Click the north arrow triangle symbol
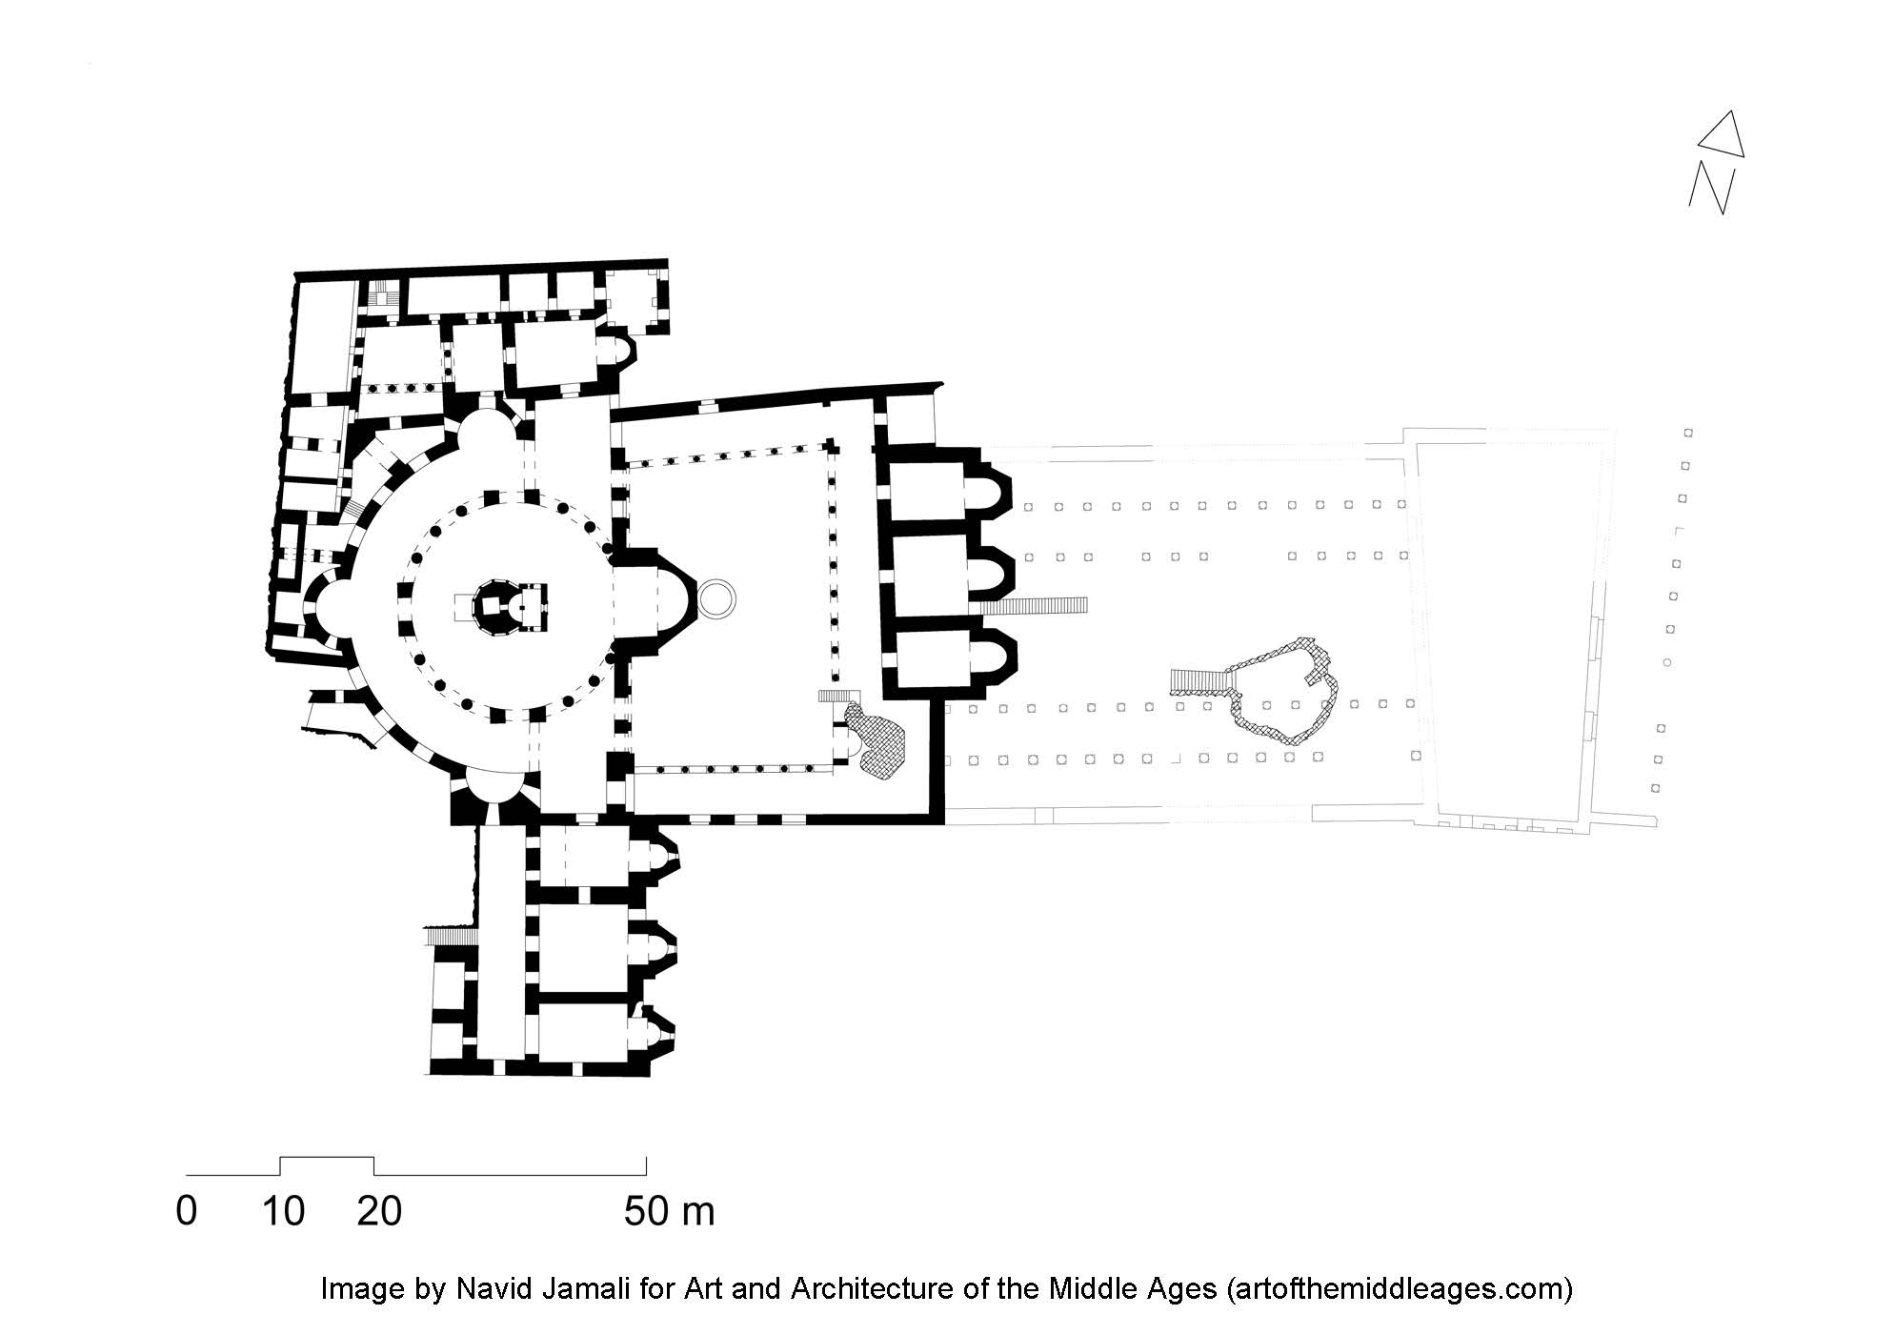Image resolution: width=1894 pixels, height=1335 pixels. pyautogui.click(x=1723, y=136)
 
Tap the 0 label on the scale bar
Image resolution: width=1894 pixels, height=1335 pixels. pyautogui.click(x=187, y=1211)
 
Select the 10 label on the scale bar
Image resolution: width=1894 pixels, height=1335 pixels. pyautogui.click(x=284, y=1211)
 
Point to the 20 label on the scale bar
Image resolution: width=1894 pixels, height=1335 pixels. pyautogui.click(x=379, y=1211)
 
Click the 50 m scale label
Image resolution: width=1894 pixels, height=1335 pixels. pyautogui.click(x=670, y=1211)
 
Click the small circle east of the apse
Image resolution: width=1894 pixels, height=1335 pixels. pyautogui.click(x=717, y=597)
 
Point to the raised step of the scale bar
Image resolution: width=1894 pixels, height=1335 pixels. pyautogui.click(x=327, y=1157)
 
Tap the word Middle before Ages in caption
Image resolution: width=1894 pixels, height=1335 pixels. pyautogui.click(x=1088, y=1289)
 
